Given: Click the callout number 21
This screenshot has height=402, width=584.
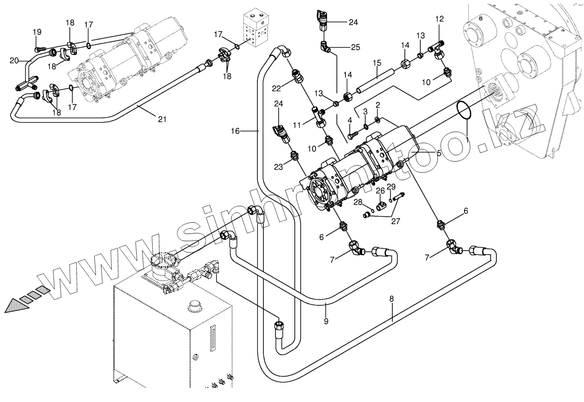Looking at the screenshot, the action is (x=162, y=119).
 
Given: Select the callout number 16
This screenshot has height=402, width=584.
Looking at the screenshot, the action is (x=235, y=131).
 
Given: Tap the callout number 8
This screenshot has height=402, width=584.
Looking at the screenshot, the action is (x=391, y=299).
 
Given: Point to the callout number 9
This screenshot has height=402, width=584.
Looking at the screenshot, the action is (x=326, y=321).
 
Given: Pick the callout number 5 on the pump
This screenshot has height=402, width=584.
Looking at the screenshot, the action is (x=439, y=153).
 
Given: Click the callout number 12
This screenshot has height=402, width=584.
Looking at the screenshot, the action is (x=440, y=19).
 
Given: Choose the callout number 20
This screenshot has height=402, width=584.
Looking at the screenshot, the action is (x=14, y=61).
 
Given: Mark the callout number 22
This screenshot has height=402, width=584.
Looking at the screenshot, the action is (x=276, y=89).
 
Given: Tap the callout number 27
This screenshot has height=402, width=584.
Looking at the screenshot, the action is (x=395, y=221).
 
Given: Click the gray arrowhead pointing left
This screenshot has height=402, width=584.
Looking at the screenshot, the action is (x=17, y=306).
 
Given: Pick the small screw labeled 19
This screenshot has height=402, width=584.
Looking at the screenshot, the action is (x=40, y=49).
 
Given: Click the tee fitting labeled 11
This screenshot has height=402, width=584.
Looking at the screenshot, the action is (x=319, y=117).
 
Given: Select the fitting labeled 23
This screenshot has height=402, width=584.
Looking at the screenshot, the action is (x=294, y=156).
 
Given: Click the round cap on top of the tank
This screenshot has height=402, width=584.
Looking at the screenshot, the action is (x=194, y=306).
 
